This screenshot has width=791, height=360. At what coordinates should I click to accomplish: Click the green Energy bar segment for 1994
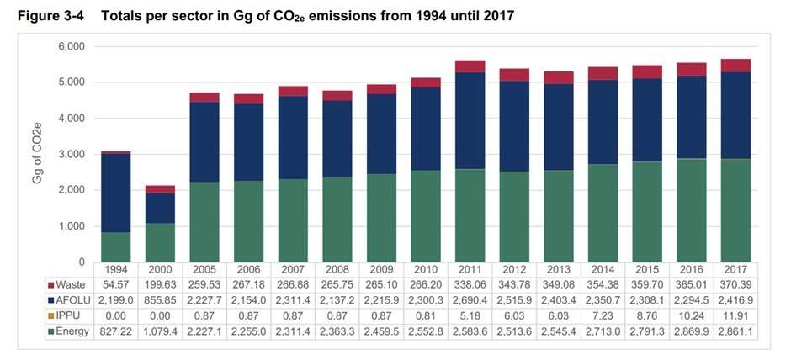[x=115, y=247]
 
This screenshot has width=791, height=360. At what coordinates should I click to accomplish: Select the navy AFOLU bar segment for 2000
[x=160, y=208]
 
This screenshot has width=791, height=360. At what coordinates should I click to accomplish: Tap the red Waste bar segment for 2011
[x=470, y=66]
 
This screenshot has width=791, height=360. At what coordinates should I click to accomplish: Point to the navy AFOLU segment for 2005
[x=204, y=142]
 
